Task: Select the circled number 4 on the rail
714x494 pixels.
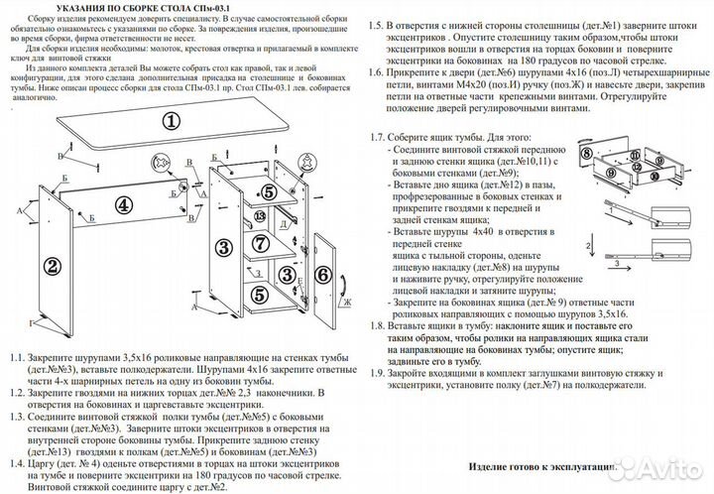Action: pyautogui.click(x=122, y=205)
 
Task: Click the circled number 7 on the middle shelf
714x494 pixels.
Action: pyautogui.click(x=257, y=242)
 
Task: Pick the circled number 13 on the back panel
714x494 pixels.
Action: pyautogui.click(x=260, y=215)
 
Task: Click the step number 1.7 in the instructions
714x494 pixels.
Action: pyautogui.click(x=378, y=138)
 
